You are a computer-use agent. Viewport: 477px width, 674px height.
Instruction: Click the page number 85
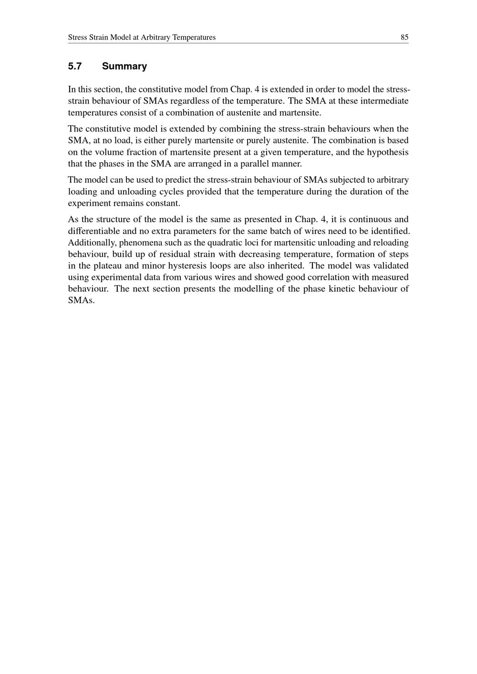coord(404,37)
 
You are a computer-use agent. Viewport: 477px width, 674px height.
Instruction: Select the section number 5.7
coord(75,66)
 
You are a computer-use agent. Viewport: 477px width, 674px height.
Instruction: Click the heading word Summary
coord(124,66)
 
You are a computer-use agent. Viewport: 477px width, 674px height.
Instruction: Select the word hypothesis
coord(389,152)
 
